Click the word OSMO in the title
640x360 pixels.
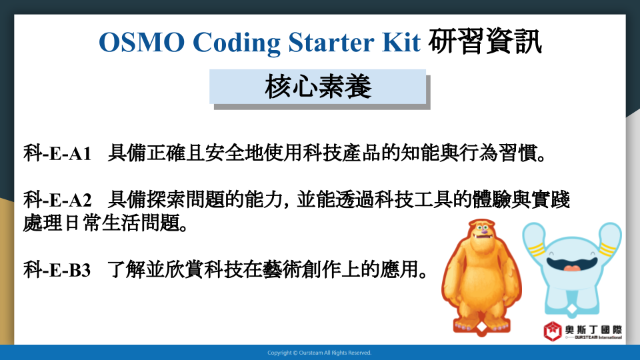point(141,42)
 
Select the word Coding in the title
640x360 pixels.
point(237,43)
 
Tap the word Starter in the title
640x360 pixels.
point(331,42)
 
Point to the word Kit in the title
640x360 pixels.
point(401,41)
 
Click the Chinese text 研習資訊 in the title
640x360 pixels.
point(485,41)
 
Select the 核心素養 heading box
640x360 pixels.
point(317,87)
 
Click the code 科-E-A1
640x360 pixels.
point(57,153)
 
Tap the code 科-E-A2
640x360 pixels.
point(57,200)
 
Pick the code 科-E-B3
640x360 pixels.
point(57,270)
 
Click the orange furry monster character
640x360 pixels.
point(481,277)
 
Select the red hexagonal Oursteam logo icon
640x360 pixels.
point(552,331)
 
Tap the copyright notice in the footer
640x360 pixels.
point(319,353)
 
